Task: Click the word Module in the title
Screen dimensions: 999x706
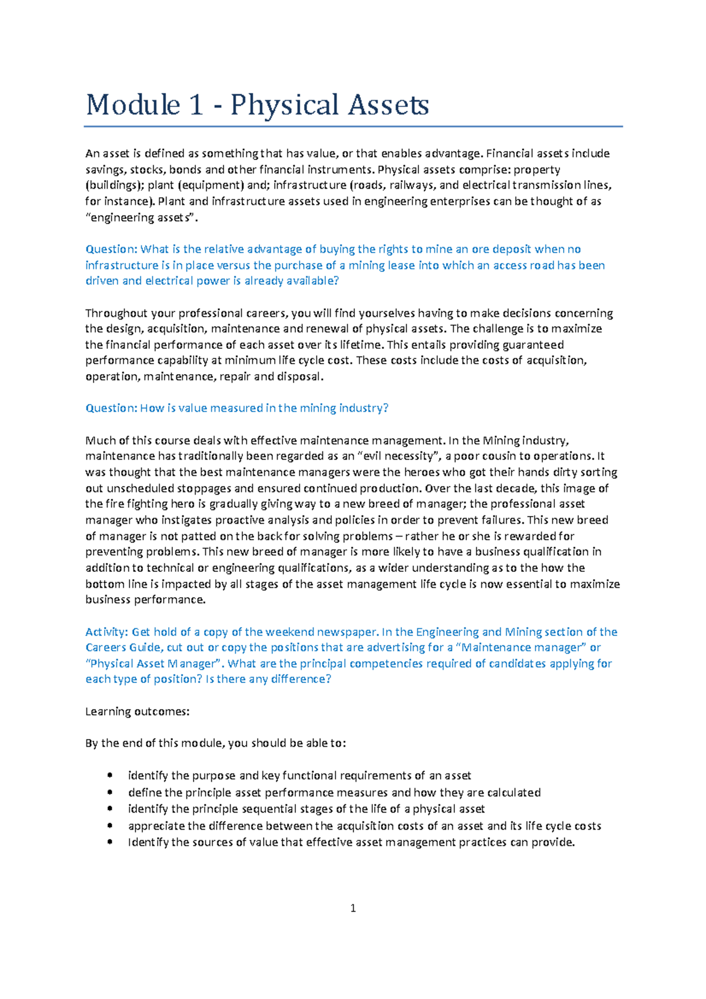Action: (x=133, y=105)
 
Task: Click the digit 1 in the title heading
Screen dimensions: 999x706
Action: (x=197, y=105)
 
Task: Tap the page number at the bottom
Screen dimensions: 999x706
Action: (x=353, y=908)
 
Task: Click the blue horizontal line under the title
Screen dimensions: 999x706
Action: (x=353, y=126)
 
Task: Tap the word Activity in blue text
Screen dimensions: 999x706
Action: (x=106, y=632)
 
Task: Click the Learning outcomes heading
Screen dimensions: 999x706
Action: (x=138, y=712)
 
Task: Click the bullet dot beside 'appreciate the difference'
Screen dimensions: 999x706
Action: (x=110, y=825)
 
